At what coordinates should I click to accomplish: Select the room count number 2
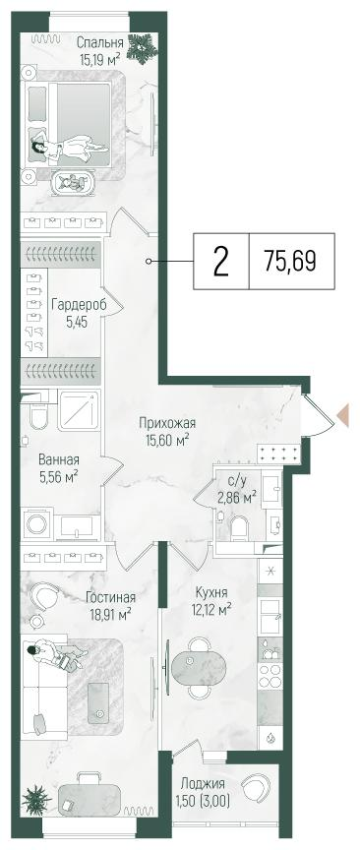coord(221,261)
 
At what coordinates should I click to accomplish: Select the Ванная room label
coord(59,459)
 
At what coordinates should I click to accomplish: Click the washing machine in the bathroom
coord(38,522)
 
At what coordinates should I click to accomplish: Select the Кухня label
coord(211,592)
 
